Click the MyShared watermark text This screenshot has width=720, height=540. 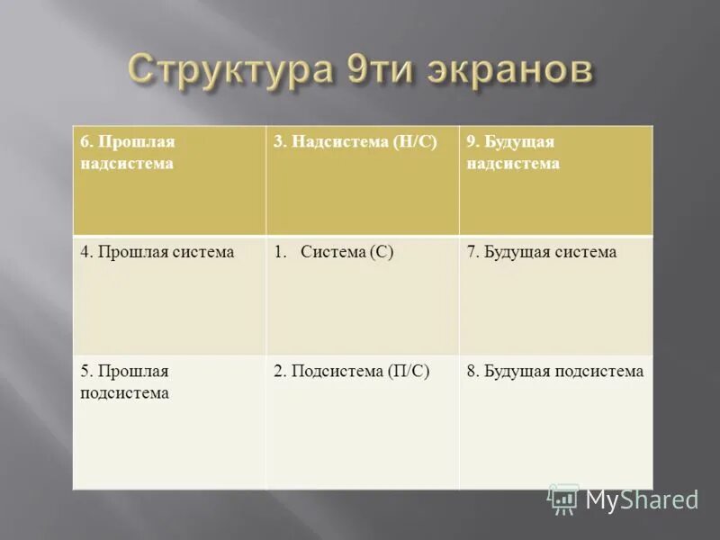click(642, 499)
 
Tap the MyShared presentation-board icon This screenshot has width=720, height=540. click(563, 499)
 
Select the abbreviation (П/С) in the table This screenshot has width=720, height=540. click(409, 371)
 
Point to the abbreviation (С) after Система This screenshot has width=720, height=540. click(381, 252)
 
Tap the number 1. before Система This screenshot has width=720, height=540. click(280, 252)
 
